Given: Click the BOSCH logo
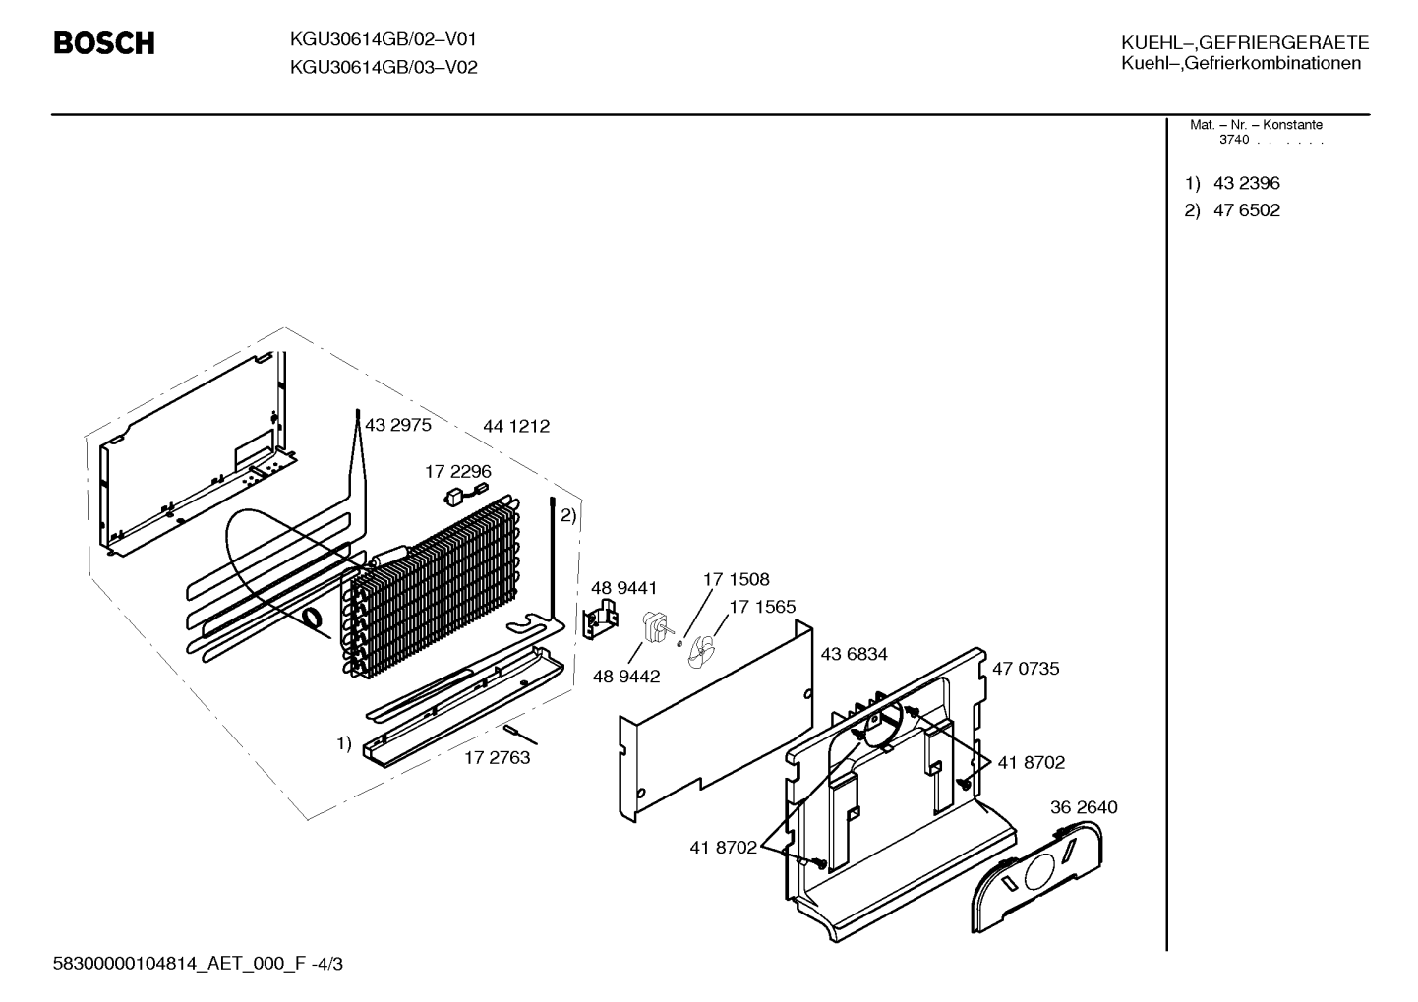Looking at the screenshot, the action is (x=104, y=43).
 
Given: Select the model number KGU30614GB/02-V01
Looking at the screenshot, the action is (x=383, y=40).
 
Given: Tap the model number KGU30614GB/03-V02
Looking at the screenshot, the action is (x=384, y=67).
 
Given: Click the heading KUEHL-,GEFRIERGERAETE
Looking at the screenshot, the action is (x=1245, y=42).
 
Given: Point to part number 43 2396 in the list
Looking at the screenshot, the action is (x=1247, y=183).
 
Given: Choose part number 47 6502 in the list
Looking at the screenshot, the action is (x=1247, y=210).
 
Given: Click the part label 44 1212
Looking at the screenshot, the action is (x=516, y=426).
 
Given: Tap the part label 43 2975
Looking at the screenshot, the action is (x=398, y=425).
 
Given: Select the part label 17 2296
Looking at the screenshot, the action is (x=457, y=472).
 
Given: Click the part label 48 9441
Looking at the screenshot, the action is (x=624, y=588).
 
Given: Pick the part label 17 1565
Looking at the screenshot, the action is (x=762, y=607).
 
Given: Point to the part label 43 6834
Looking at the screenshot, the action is (x=854, y=654).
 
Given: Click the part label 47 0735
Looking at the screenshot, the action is (x=1026, y=669).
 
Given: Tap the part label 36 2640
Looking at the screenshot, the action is (x=1084, y=807).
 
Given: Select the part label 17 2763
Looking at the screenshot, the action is (x=497, y=758).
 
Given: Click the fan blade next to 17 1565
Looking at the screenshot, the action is (x=701, y=653).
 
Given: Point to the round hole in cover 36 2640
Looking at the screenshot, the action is (x=1040, y=873).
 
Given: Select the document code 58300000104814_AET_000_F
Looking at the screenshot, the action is (x=179, y=964).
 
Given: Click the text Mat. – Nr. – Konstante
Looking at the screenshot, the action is (x=1256, y=125).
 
